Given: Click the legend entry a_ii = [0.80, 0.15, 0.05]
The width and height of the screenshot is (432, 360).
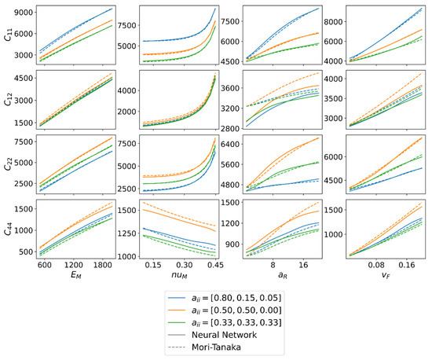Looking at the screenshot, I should (x=238, y=302).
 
